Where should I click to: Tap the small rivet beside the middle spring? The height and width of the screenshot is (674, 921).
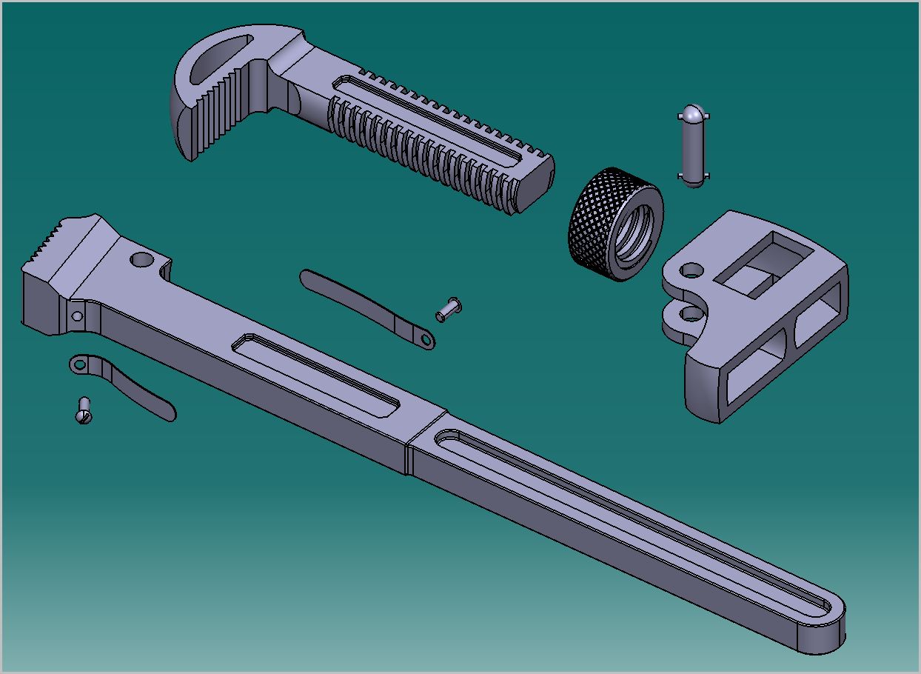tap(448, 308)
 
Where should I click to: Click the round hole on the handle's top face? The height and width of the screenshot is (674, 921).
tap(141, 260)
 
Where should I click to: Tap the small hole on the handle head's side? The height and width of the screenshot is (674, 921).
tap(76, 316)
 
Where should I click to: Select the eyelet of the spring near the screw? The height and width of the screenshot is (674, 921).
tap(78, 364)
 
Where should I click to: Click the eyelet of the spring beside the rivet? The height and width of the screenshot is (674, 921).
tap(424, 339)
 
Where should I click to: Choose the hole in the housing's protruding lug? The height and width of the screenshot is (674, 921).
tap(690, 314)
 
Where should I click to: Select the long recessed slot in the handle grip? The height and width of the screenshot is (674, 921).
tap(629, 518)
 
